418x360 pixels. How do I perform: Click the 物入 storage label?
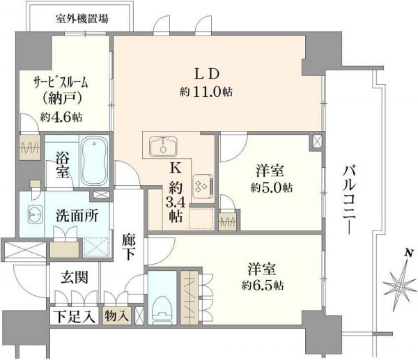coord(117,317)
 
